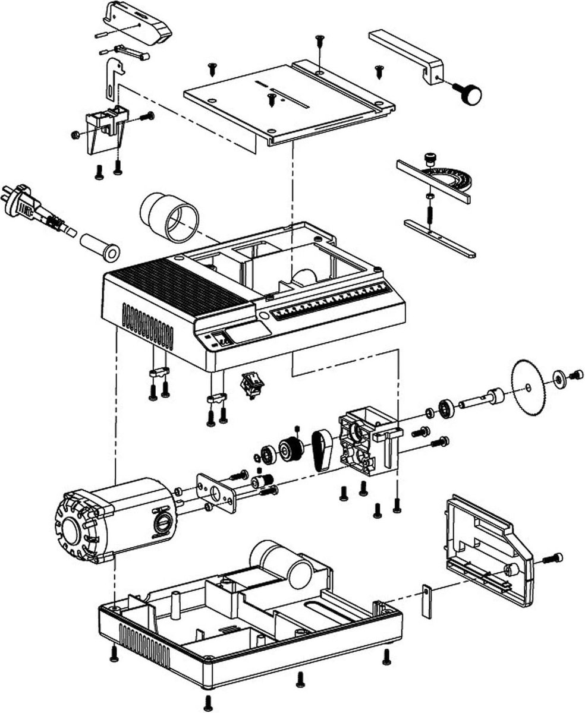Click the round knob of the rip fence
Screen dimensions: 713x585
471,94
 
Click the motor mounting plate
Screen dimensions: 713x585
216,492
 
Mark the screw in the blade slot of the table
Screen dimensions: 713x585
272,99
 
